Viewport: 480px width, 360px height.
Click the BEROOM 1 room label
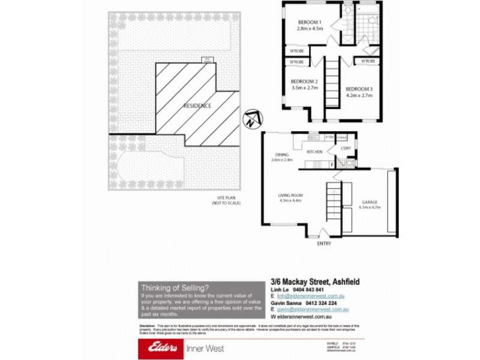tap(310, 23)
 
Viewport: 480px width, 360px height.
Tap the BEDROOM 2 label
tap(304, 82)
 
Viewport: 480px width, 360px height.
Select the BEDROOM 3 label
tap(359, 89)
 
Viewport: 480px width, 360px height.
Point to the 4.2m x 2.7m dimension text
tap(359, 95)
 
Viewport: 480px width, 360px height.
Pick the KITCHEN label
tap(315, 152)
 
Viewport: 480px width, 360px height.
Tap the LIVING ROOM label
tap(289, 195)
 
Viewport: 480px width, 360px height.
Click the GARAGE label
tap(369, 202)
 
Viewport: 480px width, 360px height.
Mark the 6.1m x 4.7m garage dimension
tap(369, 208)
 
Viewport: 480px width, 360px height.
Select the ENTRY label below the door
tap(323, 244)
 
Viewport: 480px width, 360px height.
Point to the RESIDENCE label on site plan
tap(197, 106)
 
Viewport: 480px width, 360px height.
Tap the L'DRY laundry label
tap(346, 148)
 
